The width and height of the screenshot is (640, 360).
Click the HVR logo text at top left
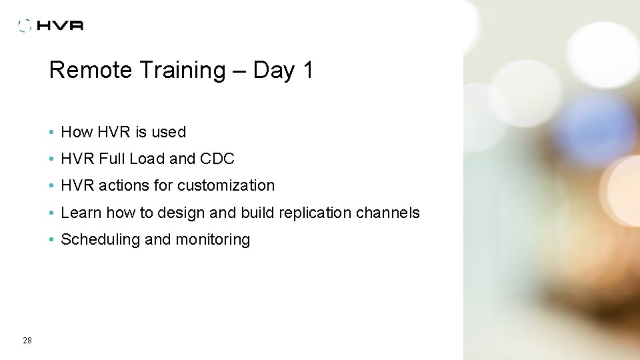(x=60, y=25)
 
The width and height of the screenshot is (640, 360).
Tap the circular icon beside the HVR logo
(x=25, y=25)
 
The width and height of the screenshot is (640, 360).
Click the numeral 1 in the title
(x=307, y=70)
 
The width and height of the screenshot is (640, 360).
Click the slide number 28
(x=27, y=341)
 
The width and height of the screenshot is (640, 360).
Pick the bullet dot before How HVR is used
(x=51, y=133)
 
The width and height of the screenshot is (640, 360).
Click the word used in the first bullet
(x=169, y=132)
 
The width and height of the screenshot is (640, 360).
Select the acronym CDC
(x=217, y=159)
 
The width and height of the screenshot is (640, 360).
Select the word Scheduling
(x=100, y=239)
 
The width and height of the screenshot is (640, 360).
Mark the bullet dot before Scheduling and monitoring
(x=51, y=240)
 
